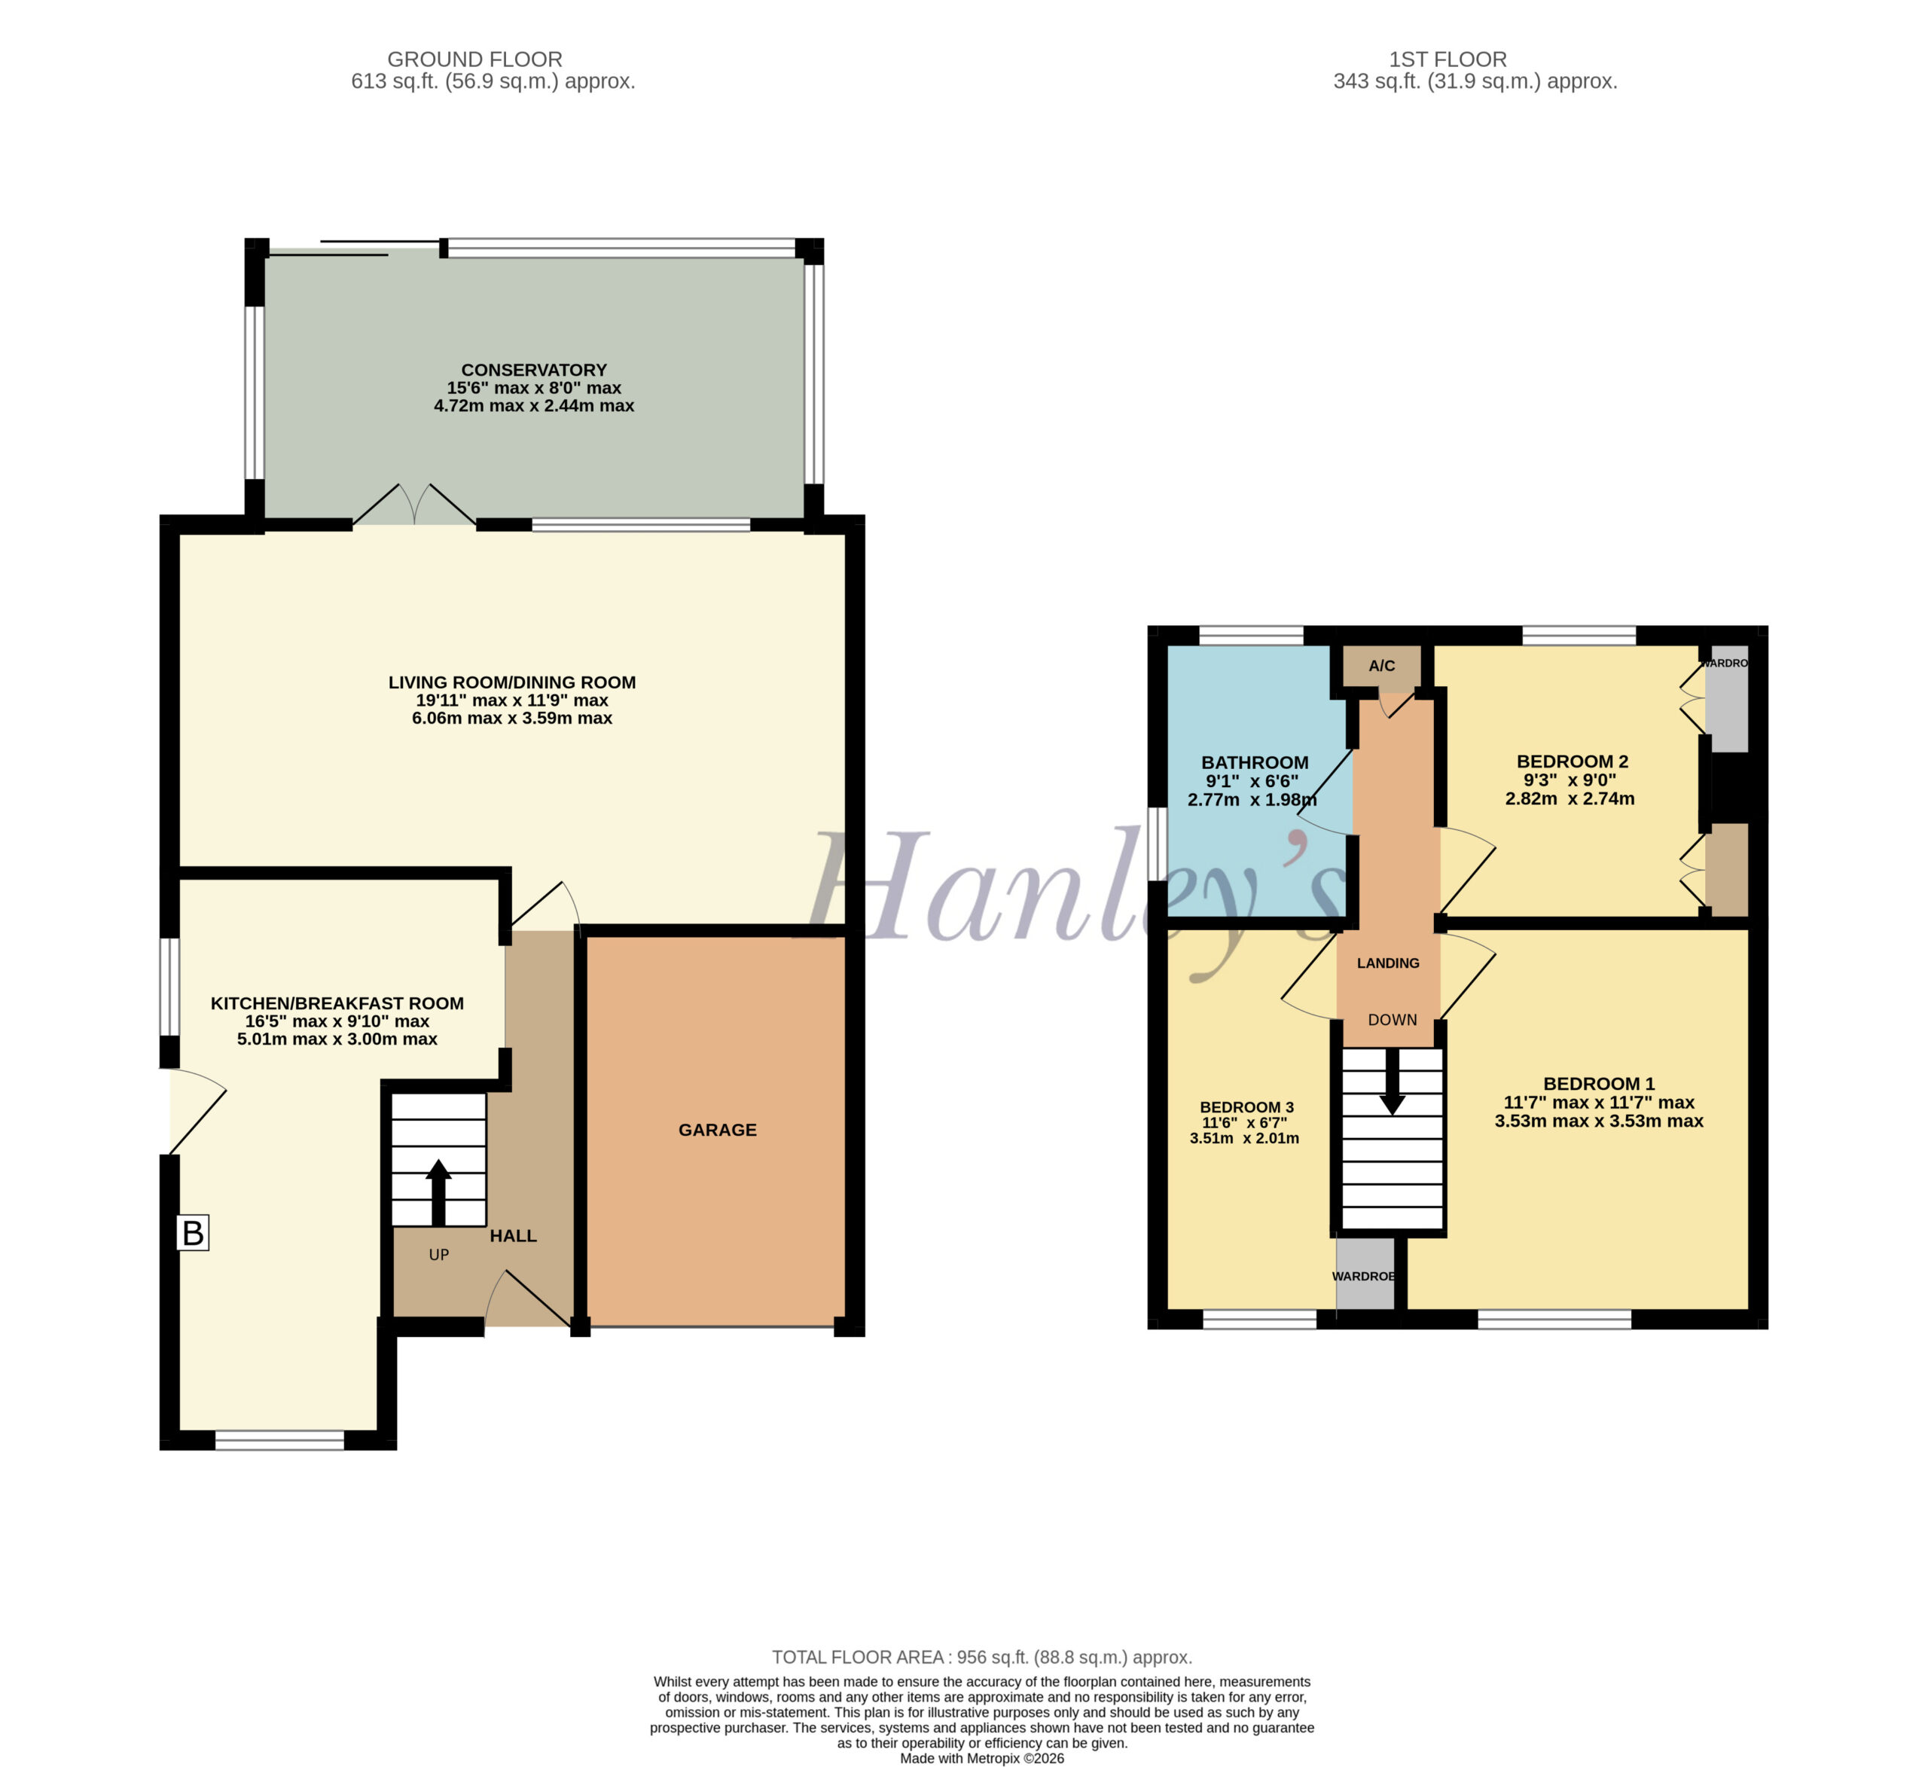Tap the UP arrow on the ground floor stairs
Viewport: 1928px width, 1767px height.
(439, 1192)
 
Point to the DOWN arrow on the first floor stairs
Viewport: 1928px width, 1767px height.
(1393, 1081)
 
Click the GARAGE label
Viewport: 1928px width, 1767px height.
(717, 1130)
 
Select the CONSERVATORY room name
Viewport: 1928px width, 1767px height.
(534, 369)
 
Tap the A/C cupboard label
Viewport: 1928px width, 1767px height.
(1382, 666)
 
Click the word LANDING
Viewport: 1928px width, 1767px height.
(1388, 963)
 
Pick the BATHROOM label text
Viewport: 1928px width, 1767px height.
(1255, 762)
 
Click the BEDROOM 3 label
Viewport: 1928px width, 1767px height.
(1247, 1107)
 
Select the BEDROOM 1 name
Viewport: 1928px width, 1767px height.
(1599, 1084)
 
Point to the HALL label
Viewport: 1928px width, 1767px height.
(514, 1236)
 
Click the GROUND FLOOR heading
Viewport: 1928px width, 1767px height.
(474, 60)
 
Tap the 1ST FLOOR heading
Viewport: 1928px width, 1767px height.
(1448, 60)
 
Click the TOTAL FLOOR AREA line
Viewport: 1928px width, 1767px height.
(982, 1657)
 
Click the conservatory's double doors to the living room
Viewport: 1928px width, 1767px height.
(414, 505)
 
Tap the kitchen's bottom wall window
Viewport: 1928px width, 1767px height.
(279, 1440)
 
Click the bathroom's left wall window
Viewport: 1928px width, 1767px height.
(1158, 844)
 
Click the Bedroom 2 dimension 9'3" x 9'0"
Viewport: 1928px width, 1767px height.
(1570, 780)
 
